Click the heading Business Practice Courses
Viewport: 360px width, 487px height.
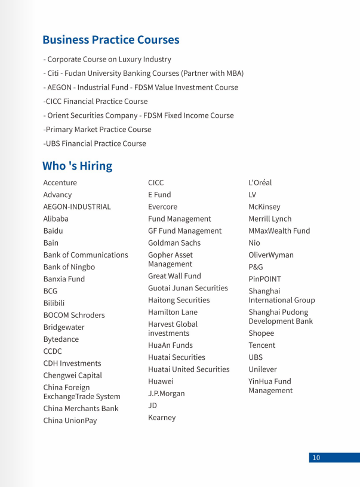pos(110,40)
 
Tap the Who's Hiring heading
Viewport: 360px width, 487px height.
pos(77,166)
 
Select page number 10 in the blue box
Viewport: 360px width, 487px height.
pos(316,458)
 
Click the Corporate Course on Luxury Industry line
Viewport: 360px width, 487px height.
pos(107,59)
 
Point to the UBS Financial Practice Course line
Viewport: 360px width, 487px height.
pos(94,143)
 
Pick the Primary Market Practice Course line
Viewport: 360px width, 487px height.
pos(97,129)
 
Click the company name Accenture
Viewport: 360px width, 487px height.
pos(60,183)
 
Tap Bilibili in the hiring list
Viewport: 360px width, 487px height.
pos(54,303)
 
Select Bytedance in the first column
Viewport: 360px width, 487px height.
pos(61,339)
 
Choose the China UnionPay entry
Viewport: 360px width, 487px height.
pos(70,421)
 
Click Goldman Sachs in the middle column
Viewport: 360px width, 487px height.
pos(174,243)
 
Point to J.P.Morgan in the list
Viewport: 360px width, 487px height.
pos(167,393)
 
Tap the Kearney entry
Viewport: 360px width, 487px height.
pos(162,418)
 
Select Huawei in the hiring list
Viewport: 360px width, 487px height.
pos(161,381)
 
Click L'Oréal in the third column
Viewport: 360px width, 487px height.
pos(260,183)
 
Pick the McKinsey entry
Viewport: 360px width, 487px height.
pos(264,207)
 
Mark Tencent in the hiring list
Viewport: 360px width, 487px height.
pos(261,345)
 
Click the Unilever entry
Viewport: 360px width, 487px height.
pos(263,369)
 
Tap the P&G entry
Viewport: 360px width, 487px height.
pos(256,267)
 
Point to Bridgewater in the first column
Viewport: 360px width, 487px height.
pos(64,327)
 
